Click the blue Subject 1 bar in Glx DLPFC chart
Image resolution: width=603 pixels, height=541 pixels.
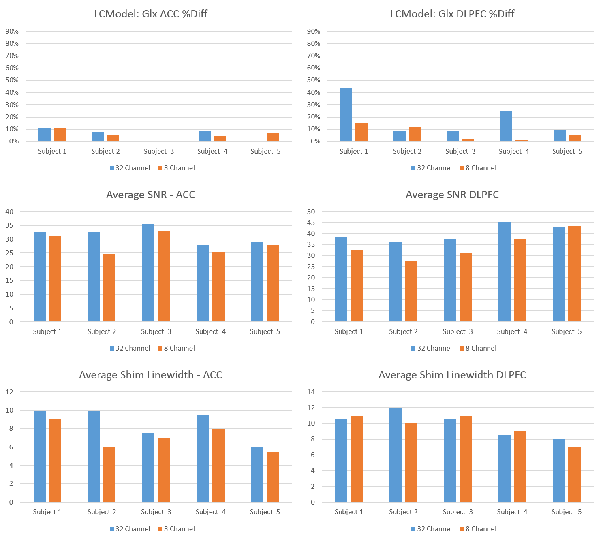click(x=346, y=114)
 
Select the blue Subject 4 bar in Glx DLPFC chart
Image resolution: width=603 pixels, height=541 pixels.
click(x=506, y=126)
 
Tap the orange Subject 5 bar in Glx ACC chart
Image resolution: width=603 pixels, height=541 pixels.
click(x=273, y=137)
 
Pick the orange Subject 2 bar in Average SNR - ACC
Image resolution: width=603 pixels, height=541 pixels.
click(x=109, y=288)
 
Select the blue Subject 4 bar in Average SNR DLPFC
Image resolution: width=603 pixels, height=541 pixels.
click(x=505, y=272)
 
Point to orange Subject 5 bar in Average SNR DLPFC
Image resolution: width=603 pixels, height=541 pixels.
click(x=574, y=274)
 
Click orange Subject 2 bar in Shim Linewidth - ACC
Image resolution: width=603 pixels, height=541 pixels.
click(x=109, y=474)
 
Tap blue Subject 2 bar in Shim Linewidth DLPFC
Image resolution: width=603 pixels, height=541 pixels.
click(x=396, y=455)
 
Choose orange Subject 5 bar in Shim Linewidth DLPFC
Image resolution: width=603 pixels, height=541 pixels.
click(x=574, y=474)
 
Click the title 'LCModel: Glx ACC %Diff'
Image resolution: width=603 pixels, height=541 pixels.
click(x=151, y=14)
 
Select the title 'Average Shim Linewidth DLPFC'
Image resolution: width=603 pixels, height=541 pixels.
click(x=452, y=375)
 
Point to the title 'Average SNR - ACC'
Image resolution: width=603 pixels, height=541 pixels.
click(x=151, y=195)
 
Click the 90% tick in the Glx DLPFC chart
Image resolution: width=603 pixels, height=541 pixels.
click(x=314, y=31)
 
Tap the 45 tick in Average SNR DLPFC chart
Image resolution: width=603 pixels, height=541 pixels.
click(x=311, y=222)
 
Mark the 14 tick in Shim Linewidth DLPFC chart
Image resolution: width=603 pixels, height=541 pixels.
click(x=311, y=392)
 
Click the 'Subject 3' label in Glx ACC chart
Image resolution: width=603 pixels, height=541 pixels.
click(x=159, y=151)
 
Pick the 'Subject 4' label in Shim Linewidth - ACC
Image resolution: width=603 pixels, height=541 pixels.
click(x=210, y=512)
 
